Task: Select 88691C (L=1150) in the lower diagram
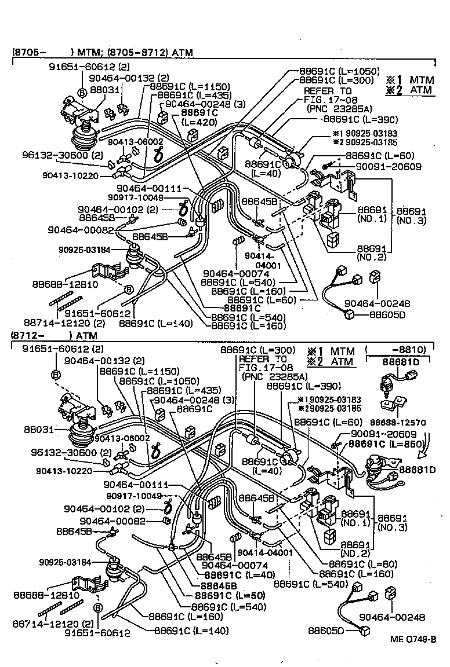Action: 133,371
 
